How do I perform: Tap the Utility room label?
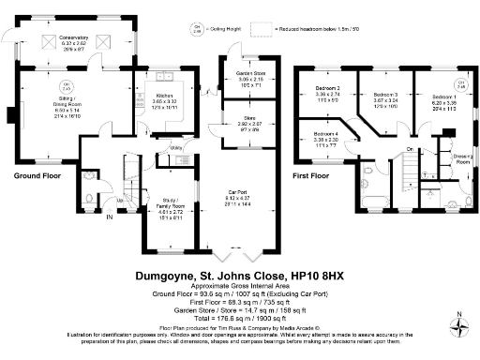click(175, 148)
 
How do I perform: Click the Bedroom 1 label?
click(445, 97)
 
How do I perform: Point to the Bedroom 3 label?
click(385, 95)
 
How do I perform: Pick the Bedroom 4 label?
click(327, 135)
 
